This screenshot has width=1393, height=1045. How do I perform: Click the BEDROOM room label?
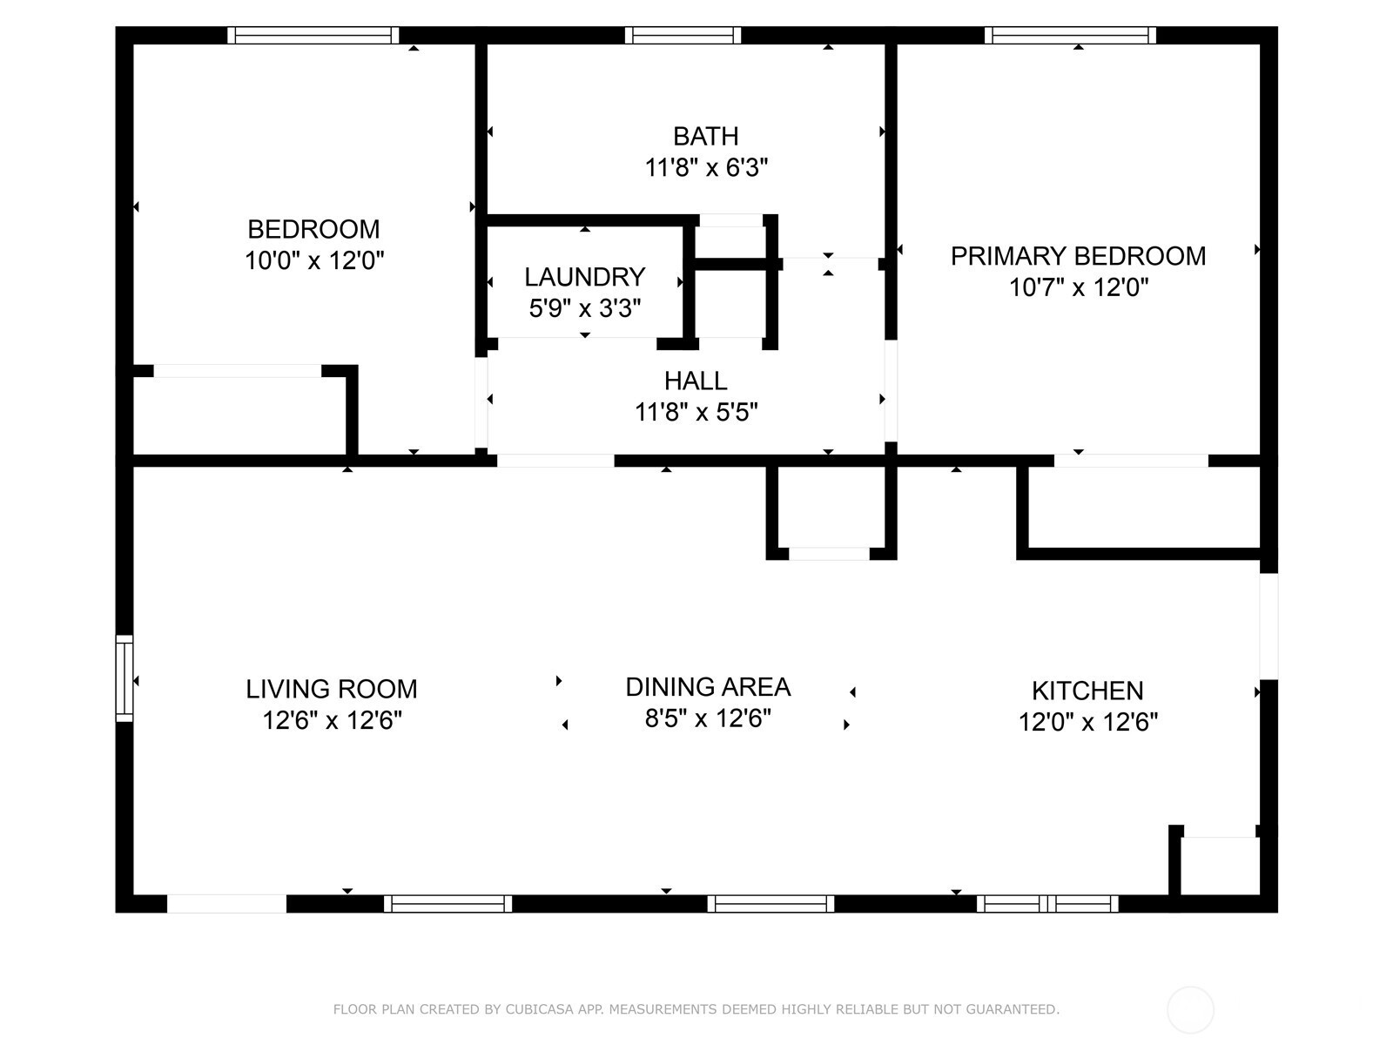[313, 229]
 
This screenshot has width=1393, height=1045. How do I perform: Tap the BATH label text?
[706, 137]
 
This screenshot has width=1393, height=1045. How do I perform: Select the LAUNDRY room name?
[584, 277]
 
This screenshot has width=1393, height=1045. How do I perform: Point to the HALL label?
[696, 381]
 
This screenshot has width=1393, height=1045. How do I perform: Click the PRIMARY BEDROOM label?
[1078, 256]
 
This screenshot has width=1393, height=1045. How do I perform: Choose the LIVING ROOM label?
[332, 689]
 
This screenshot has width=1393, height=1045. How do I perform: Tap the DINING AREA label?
[708, 687]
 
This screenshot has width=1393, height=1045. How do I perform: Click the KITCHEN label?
[1087, 691]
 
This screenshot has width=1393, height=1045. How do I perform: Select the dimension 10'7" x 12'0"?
[1079, 287]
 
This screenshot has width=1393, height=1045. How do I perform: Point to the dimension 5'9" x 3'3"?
[584, 308]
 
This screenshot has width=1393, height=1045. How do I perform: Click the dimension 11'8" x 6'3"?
[706, 168]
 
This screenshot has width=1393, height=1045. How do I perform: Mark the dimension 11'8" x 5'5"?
[696, 413]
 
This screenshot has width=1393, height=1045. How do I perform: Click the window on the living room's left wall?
[124, 678]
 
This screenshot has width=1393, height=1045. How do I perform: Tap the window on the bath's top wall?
[683, 36]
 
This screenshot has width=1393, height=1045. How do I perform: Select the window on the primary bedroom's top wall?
[1070, 36]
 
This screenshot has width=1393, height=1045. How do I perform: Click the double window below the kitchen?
[1047, 904]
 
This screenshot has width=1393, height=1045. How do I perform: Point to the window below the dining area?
[771, 904]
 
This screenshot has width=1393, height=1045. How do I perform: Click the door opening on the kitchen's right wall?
[1269, 626]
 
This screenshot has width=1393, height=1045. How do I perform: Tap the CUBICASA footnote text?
[696, 1008]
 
